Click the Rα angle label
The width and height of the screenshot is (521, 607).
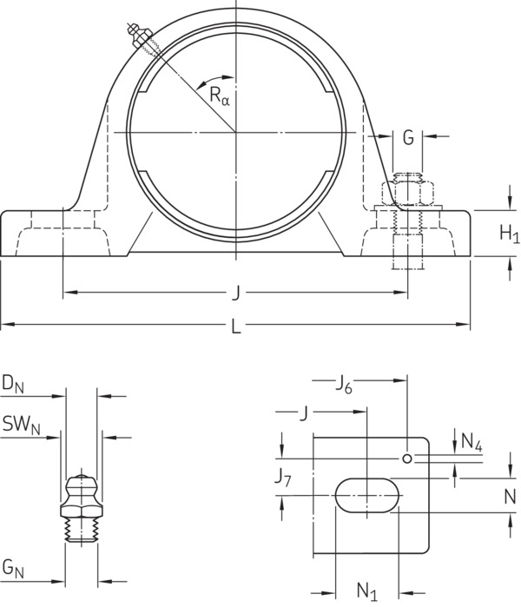(x=220, y=96)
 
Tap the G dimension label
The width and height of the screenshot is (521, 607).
(x=408, y=137)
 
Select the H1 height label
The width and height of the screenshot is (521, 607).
(x=510, y=234)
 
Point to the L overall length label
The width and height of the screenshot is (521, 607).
(x=236, y=327)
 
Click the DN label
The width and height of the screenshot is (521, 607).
(x=13, y=385)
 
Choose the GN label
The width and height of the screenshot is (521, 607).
(x=13, y=569)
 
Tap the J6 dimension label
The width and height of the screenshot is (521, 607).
(x=343, y=385)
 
